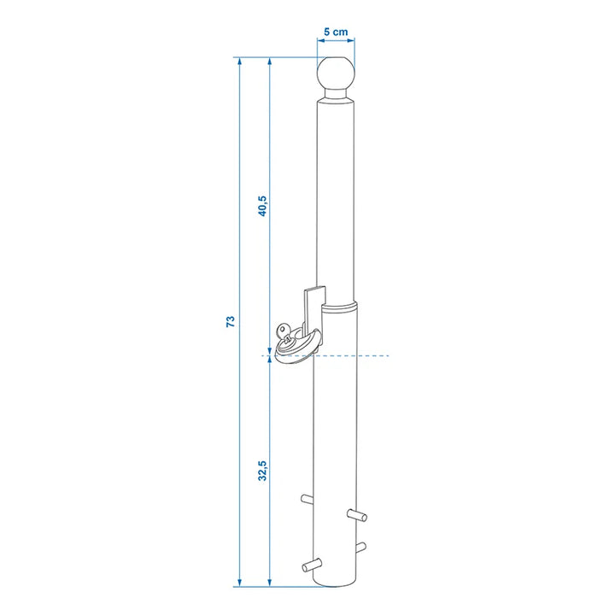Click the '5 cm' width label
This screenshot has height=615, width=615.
(x=336, y=32)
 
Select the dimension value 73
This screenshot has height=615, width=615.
(x=231, y=321)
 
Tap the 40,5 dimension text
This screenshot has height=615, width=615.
(x=262, y=206)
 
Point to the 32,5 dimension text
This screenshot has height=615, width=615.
(x=262, y=471)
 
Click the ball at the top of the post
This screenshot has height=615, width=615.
(x=336, y=73)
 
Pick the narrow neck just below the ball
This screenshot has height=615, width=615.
(x=336, y=94)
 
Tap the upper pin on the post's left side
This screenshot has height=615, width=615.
(x=307, y=499)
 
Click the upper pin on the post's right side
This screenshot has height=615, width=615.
(x=357, y=515)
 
